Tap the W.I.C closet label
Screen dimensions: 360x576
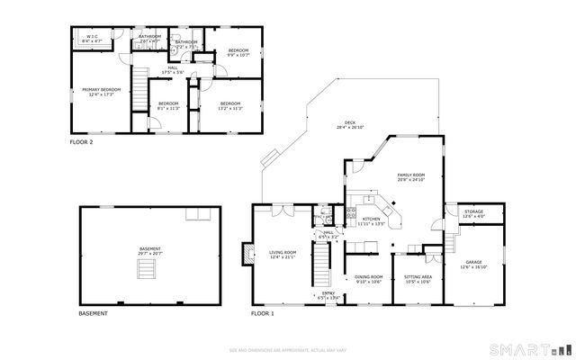point(93,40)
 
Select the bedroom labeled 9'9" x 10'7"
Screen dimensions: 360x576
point(238,52)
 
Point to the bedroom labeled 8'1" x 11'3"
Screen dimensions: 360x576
point(168,106)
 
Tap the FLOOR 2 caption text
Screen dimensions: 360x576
point(81,141)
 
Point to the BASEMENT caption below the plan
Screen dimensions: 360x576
point(94,313)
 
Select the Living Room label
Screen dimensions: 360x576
point(283,255)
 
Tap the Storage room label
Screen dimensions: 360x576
point(473,215)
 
